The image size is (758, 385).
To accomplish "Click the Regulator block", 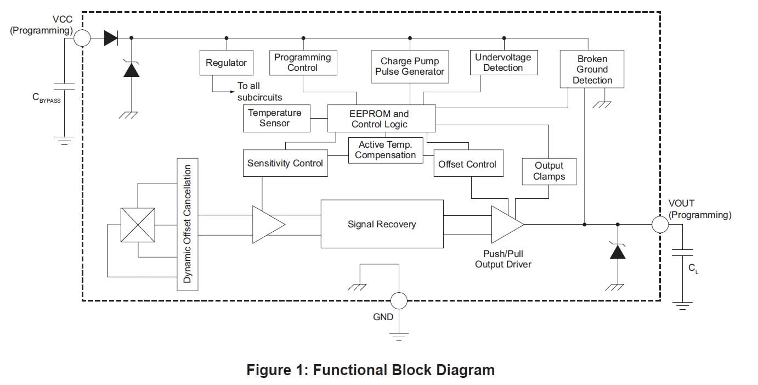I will click(x=226, y=63).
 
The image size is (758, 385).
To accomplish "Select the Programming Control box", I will click(x=302, y=63).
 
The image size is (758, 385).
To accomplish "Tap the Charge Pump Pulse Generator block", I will click(x=410, y=66).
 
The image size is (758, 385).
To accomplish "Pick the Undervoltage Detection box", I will click(x=503, y=63).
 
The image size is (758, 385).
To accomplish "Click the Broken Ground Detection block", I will click(x=592, y=69).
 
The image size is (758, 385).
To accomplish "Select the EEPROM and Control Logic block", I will click(x=381, y=119).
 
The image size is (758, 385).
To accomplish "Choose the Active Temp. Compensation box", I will click(x=385, y=150).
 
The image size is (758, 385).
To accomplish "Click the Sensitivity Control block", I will click(x=285, y=164).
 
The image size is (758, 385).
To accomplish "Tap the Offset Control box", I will click(x=467, y=164).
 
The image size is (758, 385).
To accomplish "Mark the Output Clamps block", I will click(x=548, y=171).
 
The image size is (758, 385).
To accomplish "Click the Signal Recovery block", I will click(x=382, y=224).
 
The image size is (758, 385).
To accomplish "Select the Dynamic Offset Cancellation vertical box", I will click(x=188, y=224).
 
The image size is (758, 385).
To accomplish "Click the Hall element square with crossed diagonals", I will click(x=137, y=225).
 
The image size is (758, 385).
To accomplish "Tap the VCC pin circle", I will click(x=82, y=38).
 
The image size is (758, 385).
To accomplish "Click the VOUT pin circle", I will click(x=660, y=224).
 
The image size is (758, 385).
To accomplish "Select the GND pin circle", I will click(x=398, y=300).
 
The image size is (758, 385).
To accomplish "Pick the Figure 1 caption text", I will click(x=370, y=370).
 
